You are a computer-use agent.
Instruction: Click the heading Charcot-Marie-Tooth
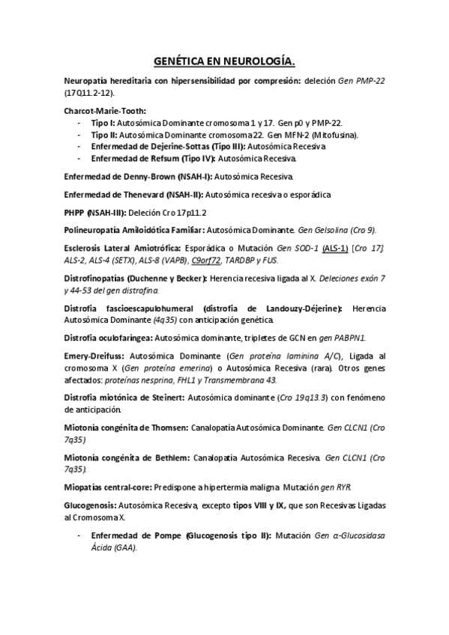click(x=105, y=111)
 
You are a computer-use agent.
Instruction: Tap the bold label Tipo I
click(x=103, y=123)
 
